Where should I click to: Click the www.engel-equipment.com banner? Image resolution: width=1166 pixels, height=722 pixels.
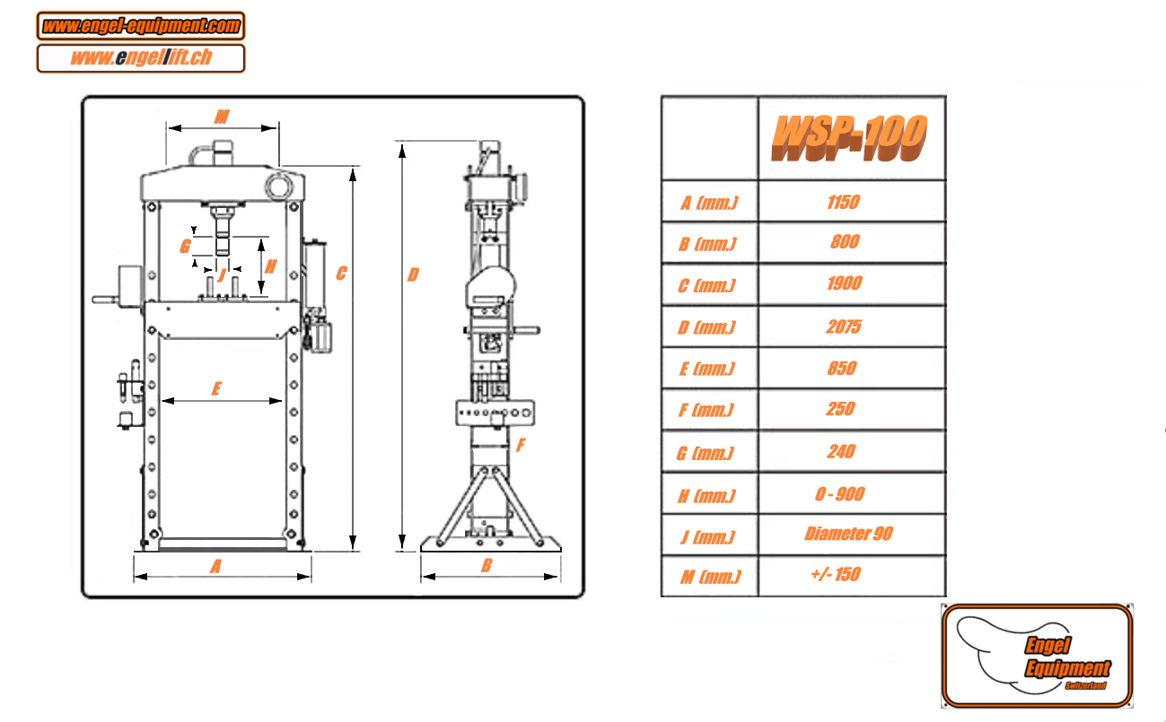pos(141,25)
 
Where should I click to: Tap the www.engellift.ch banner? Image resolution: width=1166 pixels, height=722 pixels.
pos(141,57)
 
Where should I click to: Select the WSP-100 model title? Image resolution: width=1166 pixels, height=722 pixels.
pos(849,138)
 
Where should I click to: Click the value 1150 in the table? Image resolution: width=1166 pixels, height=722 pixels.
pos(843,202)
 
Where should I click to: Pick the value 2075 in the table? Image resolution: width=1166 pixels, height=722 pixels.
pos(843,326)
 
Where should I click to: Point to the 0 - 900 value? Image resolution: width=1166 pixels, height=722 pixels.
pos(839,493)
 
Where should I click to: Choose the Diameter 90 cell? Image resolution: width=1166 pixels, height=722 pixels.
pos(848,534)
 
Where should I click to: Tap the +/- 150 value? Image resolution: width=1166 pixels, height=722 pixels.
pos(836,574)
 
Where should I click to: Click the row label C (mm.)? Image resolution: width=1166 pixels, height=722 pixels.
pos(706,285)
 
